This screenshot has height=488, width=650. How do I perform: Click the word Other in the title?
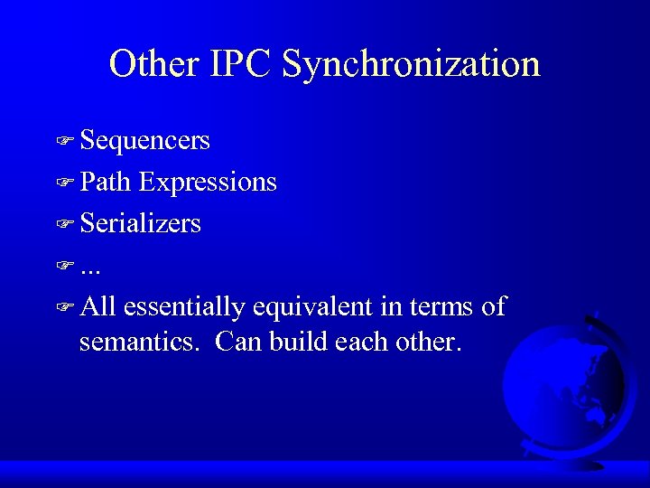click(153, 64)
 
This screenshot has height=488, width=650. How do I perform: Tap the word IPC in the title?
click(240, 64)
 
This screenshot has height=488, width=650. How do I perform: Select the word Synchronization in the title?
click(412, 64)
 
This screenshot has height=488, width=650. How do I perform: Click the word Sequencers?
click(144, 141)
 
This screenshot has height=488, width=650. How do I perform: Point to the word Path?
click(105, 183)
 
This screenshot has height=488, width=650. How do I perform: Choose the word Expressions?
click(208, 183)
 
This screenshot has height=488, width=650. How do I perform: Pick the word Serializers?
click(140, 223)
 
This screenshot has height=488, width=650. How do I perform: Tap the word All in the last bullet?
click(97, 306)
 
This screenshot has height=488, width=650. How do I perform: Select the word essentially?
click(184, 307)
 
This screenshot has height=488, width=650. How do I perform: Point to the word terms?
click(441, 307)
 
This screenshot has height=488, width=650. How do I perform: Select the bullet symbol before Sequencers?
click(63, 142)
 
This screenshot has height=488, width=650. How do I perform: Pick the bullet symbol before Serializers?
click(63, 224)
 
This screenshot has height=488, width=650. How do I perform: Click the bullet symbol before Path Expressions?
click(63, 183)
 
